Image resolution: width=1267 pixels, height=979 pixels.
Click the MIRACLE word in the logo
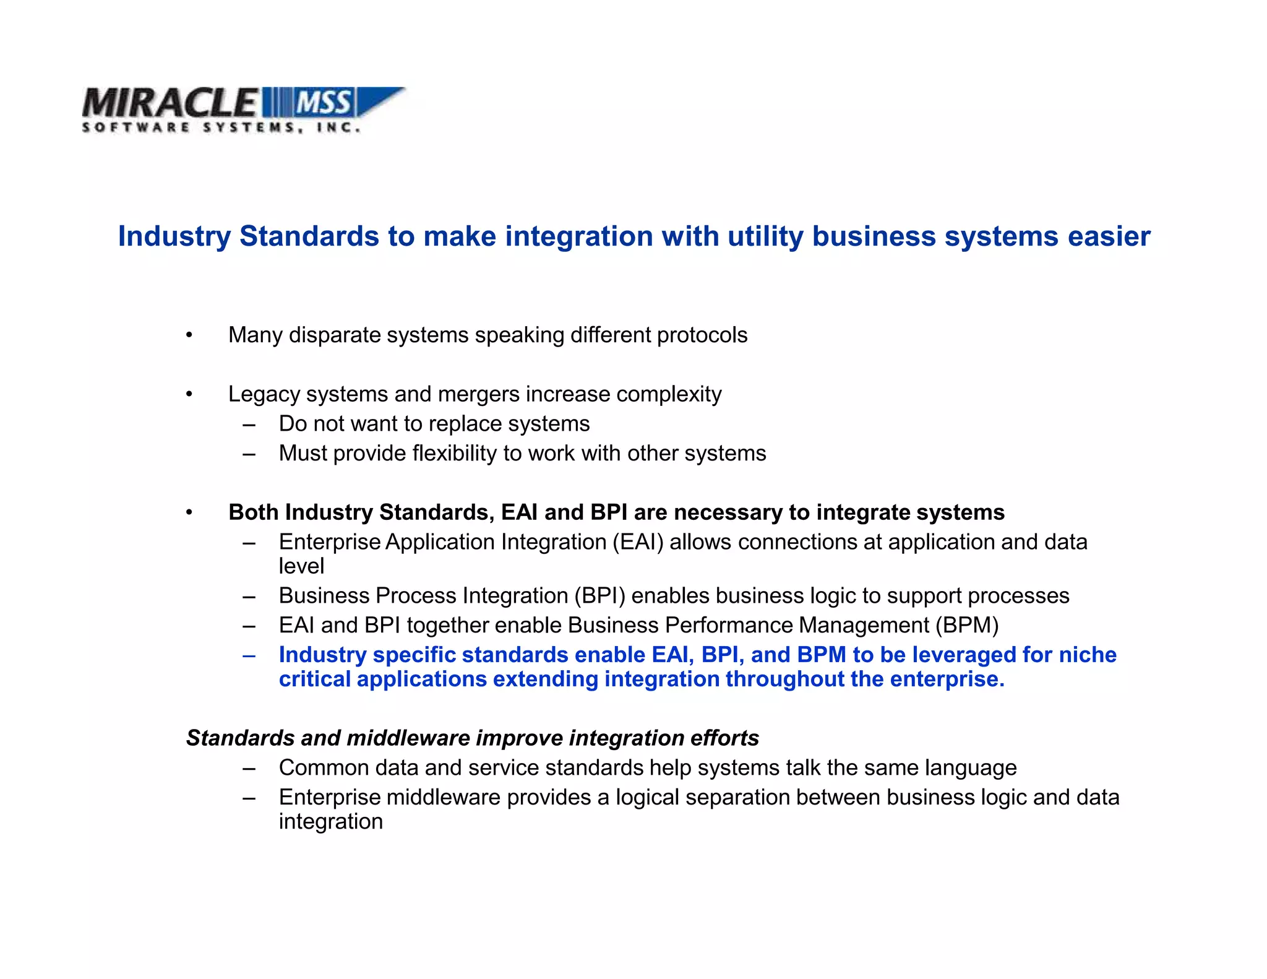tap(168, 103)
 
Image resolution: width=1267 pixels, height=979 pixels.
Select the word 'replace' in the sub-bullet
tap(464, 424)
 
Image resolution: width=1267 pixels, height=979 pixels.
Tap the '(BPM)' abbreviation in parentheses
tap(967, 626)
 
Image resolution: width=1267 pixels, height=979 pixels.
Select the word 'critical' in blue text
tap(314, 679)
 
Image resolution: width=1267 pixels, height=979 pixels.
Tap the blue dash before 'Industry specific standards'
tap(249, 655)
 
